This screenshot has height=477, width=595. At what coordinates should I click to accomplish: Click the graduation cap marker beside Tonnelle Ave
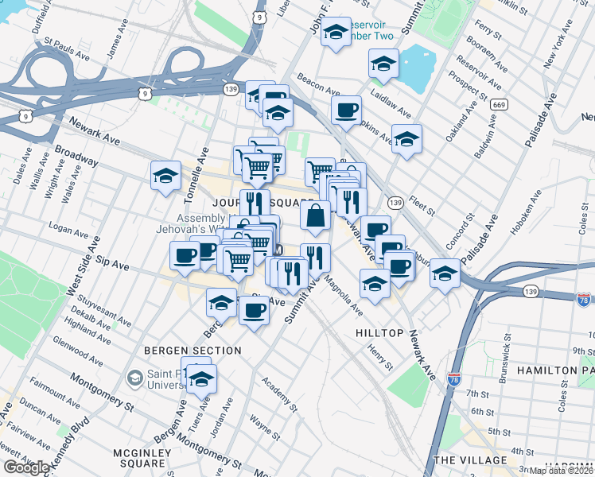(x=165, y=176)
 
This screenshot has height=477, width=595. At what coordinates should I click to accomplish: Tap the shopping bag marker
(x=316, y=215)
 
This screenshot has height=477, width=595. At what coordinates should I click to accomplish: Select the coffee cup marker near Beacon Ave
(x=346, y=110)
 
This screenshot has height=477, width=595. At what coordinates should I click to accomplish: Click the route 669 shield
(x=499, y=104)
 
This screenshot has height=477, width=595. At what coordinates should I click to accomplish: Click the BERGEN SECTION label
(x=192, y=351)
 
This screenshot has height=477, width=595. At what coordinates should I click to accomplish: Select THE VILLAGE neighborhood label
(x=470, y=460)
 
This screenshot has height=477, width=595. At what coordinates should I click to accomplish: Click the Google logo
(x=26, y=467)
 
